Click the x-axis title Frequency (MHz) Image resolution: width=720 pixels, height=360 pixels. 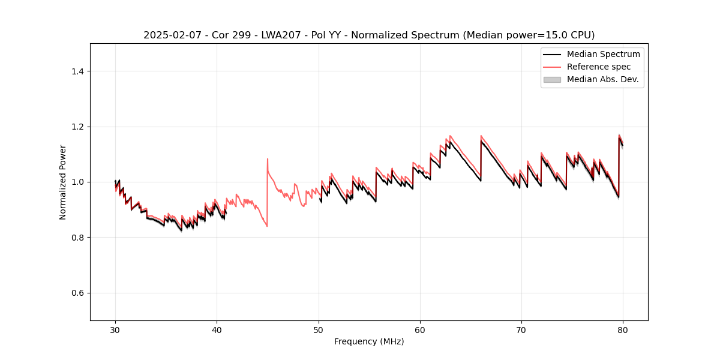(x=369, y=341)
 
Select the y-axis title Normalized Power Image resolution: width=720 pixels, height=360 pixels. (x=63, y=182)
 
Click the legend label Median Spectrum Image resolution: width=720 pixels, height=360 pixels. (x=603, y=54)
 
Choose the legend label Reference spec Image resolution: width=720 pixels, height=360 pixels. (x=599, y=67)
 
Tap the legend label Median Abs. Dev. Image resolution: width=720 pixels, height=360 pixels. (x=602, y=79)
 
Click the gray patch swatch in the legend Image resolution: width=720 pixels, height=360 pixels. (x=552, y=79)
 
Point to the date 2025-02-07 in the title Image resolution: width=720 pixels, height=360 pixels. (x=169, y=35)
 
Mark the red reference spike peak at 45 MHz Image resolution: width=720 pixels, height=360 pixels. (x=268, y=159)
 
